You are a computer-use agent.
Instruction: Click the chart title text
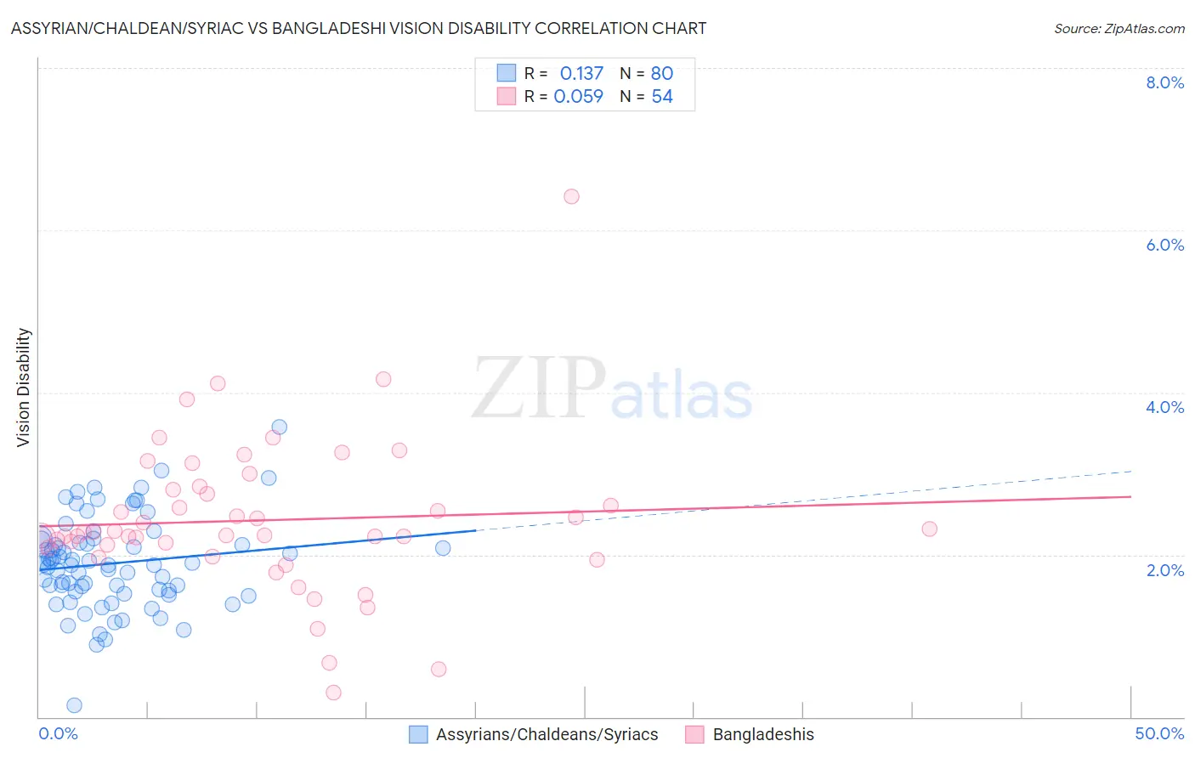(359, 29)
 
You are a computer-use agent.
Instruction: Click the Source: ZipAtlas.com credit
(1119, 29)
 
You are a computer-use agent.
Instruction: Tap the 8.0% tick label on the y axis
(1164, 82)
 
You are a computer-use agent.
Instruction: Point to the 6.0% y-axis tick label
(1164, 245)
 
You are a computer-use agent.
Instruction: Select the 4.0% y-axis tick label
(1164, 407)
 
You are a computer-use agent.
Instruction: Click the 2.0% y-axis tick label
(1164, 570)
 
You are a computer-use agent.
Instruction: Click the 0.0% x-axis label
(59, 733)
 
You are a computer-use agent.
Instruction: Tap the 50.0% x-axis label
(1159, 733)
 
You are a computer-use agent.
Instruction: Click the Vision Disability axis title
(24, 387)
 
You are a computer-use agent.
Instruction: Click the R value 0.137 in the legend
(581, 74)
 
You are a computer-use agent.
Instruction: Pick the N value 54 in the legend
(662, 97)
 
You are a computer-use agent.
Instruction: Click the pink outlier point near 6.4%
(571, 196)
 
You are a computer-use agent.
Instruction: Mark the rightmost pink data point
(929, 529)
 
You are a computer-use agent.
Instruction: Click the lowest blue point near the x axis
(74, 705)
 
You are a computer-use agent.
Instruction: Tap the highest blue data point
(279, 427)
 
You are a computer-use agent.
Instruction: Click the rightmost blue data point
(443, 548)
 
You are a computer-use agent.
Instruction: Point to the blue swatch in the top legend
(506, 73)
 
